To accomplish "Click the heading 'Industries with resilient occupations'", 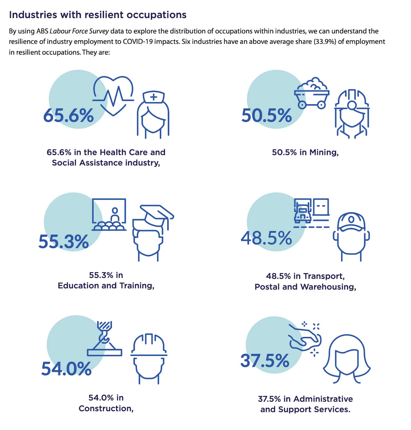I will click(x=98, y=15).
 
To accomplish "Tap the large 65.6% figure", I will click(x=68, y=115).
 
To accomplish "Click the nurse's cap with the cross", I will click(x=153, y=97).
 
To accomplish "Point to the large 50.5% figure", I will click(x=267, y=115).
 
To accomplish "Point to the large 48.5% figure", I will click(x=266, y=238).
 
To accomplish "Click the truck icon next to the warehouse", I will click(x=302, y=211).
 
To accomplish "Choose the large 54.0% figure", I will click(x=66, y=369).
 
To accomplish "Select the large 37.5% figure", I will click(x=265, y=361).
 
